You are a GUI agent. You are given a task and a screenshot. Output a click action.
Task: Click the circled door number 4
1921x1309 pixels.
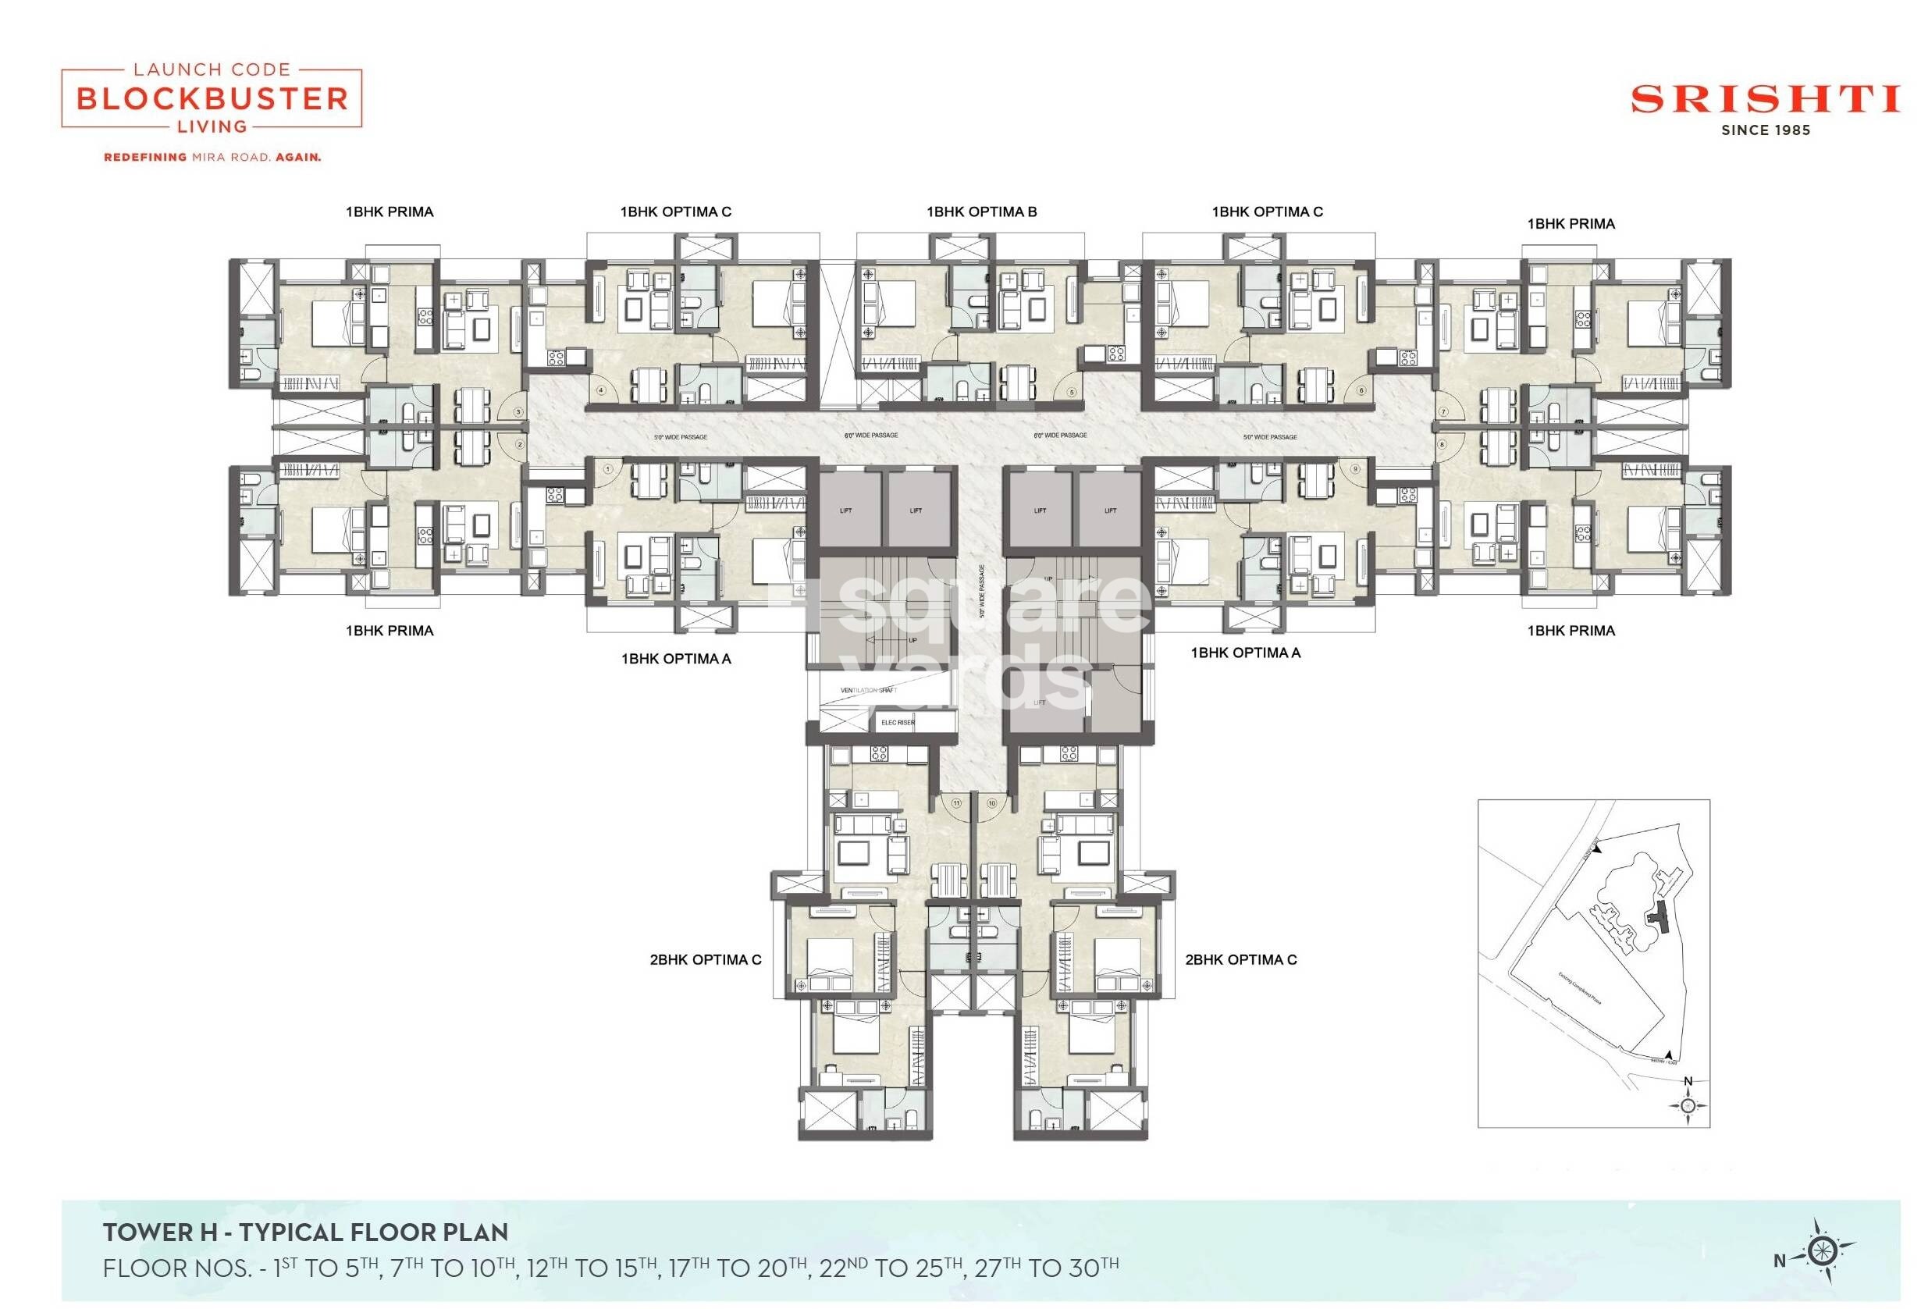point(601,391)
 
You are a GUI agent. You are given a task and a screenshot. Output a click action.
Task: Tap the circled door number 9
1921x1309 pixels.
point(1355,469)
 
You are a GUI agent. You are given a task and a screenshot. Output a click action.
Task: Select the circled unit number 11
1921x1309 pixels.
point(956,802)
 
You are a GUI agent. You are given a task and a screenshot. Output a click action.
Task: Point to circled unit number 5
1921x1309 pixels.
point(1072,393)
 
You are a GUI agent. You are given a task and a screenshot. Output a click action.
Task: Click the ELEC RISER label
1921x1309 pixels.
point(898,722)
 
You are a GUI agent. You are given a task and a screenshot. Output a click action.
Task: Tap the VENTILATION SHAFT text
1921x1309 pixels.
point(868,690)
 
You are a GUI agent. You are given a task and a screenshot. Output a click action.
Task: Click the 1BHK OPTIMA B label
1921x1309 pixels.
point(981,212)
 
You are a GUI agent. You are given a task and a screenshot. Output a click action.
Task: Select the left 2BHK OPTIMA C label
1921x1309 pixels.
point(705,959)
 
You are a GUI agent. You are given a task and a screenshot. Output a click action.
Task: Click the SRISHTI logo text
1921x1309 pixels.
point(1765,100)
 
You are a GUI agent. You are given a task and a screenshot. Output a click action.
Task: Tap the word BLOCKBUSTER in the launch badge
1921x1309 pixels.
point(212,99)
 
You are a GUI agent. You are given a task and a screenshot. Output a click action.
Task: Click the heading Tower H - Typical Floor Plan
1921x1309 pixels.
point(305,1233)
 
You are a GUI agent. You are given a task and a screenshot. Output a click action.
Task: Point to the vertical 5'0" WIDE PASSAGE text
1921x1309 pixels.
point(982,592)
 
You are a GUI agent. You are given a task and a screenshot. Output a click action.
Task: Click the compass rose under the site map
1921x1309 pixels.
point(1688,1104)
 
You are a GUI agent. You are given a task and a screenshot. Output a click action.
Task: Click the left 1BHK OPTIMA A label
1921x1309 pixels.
point(676,659)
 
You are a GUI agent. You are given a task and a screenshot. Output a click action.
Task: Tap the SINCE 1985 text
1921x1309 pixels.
point(1766,130)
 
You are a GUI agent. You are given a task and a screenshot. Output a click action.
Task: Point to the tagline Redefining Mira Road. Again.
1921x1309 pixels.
point(212,157)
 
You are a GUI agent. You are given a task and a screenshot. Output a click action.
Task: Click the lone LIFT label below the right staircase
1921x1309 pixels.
point(1040,703)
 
